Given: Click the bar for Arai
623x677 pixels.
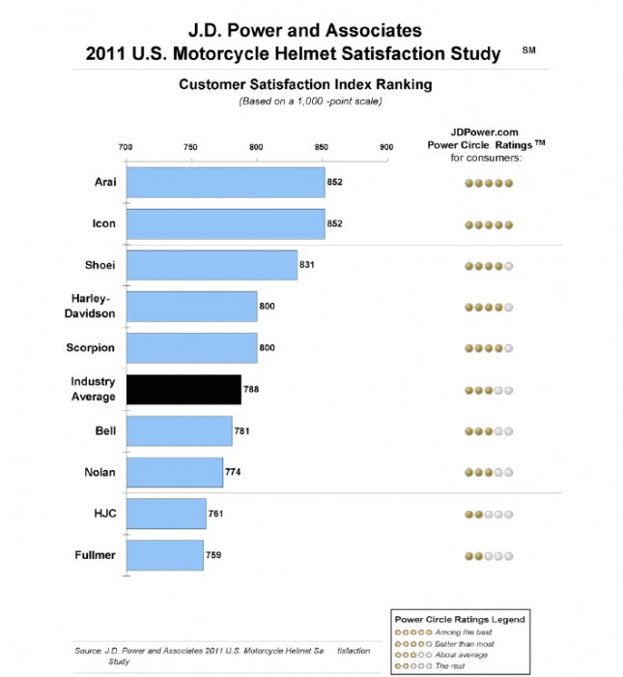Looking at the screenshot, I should click(x=225, y=182).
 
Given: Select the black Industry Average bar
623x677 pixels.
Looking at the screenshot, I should click(x=184, y=389).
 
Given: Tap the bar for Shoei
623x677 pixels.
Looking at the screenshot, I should click(x=212, y=264).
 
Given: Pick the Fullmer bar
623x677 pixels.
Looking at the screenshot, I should click(x=164, y=555).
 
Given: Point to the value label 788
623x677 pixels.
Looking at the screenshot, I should click(x=251, y=389).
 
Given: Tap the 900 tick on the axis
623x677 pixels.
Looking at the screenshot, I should click(x=386, y=148).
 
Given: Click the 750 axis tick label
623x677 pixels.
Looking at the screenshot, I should click(x=190, y=148).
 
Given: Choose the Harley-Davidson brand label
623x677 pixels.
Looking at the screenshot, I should click(x=96, y=306).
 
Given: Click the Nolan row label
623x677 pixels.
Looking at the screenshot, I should click(x=99, y=472).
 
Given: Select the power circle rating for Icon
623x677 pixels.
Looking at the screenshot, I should click(x=488, y=223).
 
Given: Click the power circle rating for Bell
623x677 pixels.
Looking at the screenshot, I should click(x=488, y=430).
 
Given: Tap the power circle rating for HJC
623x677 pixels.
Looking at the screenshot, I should click(x=488, y=514).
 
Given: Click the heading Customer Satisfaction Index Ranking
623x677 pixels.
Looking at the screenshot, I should click(x=304, y=84).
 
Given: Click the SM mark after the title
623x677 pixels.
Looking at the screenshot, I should click(x=528, y=47).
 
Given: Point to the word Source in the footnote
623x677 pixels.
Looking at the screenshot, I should click(x=88, y=652).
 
